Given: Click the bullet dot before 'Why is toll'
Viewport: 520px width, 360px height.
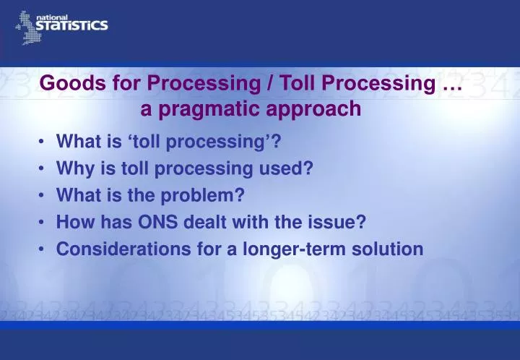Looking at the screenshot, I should tap(43, 168).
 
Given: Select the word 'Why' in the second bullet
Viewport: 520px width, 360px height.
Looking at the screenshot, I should tap(74, 168).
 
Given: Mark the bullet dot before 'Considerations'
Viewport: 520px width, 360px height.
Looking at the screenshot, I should tap(43, 249).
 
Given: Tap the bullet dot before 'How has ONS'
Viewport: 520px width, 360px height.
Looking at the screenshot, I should tap(43, 222).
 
